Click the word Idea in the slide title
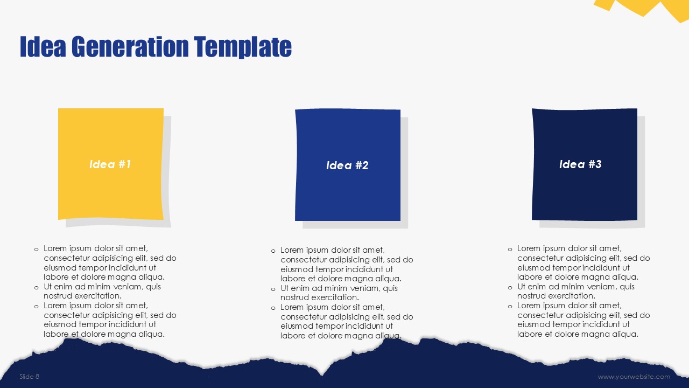(43, 46)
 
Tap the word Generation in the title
(130, 46)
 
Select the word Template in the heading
(243, 47)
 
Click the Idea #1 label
(110, 164)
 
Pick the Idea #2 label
(347, 165)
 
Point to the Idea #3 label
(580, 164)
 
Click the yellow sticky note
(111, 164)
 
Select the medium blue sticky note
(348, 165)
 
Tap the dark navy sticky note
(585, 164)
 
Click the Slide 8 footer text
(29, 376)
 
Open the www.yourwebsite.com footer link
(634, 377)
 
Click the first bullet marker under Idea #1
(36, 250)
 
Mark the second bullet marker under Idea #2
(273, 289)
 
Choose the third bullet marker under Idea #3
(510, 307)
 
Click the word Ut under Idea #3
(521, 287)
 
